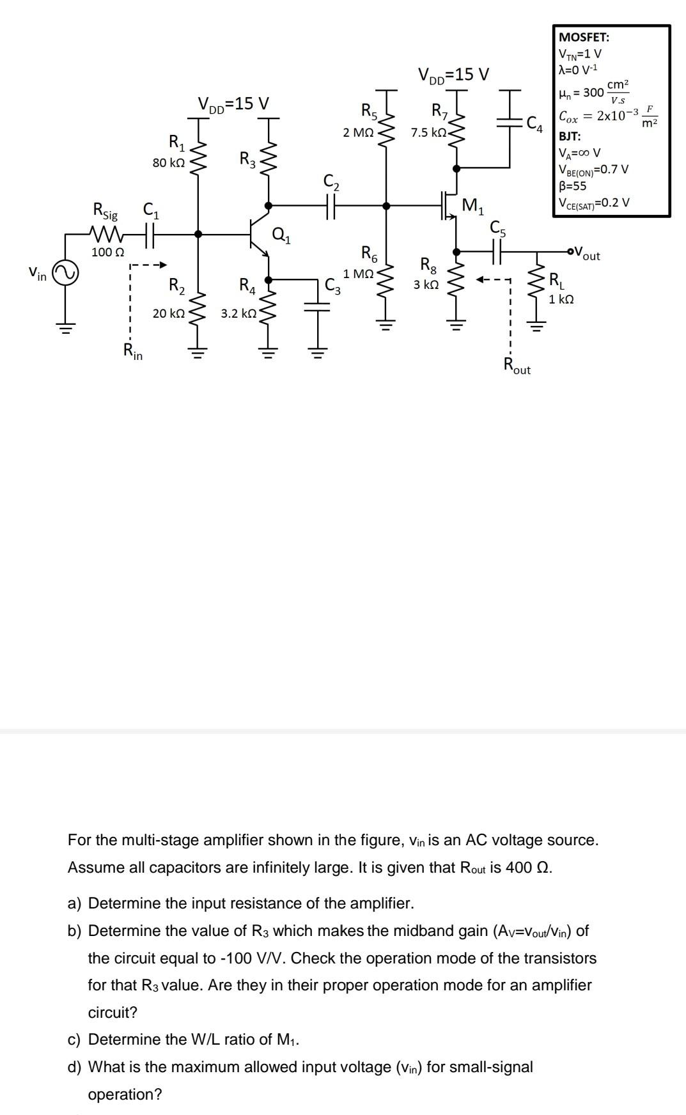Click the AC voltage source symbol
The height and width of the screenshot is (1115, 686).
(x=65, y=274)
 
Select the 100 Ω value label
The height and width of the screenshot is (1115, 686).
(x=107, y=252)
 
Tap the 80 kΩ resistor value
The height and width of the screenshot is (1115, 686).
(x=169, y=163)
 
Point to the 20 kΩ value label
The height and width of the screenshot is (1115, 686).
(x=169, y=314)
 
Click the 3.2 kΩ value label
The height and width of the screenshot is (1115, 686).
(x=238, y=314)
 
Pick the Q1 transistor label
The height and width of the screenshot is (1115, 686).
(x=281, y=235)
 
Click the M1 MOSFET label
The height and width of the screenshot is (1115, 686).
(x=473, y=206)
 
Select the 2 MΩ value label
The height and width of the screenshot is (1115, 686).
(x=358, y=133)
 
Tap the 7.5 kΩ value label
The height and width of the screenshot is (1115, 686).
(x=428, y=133)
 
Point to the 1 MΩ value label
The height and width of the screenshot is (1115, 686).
(x=358, y=274)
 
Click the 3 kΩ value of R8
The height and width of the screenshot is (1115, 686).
(x=426, y=285)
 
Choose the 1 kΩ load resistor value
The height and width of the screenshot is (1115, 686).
(x=561, y=299)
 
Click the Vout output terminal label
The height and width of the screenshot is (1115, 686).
(x=587, y=254)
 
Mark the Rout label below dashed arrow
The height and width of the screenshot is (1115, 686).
(x=517, y=366)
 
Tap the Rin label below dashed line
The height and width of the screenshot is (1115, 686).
(x=132, y=351)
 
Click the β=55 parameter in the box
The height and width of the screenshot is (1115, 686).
(x=573, y=186)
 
